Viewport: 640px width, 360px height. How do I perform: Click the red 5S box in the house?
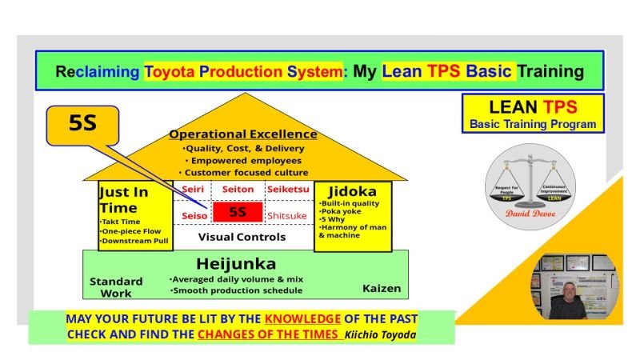238,213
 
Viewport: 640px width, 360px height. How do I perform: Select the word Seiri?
192,189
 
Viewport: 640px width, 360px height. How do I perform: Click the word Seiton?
238,189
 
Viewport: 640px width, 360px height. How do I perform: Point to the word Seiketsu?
286,189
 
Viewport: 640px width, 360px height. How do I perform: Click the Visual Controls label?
242,237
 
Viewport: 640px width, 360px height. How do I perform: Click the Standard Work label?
116,286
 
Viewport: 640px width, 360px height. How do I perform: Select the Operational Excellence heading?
243,134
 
